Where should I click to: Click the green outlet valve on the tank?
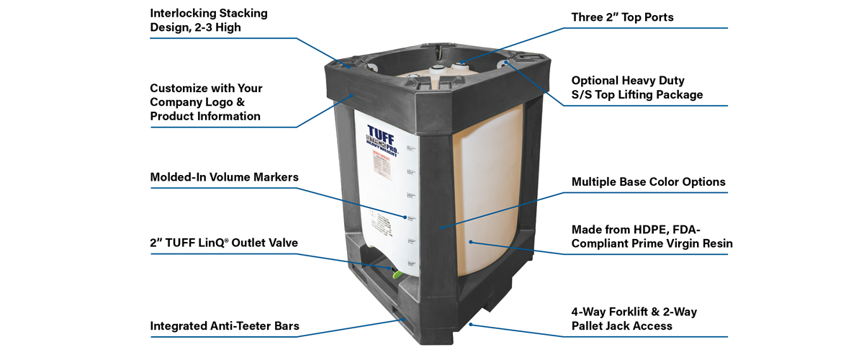click(x=395, y=274)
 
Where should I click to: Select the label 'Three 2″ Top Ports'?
click(x=622, y=17)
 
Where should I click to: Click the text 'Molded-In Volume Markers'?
click(x=224, y=177)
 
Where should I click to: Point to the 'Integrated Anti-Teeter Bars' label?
click(x=224, y=326)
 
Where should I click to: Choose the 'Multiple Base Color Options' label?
click(x=648, y=181)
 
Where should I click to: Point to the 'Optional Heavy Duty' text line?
click(x=628, y=81)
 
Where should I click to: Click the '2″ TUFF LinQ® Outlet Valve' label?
click(x=224, y=243)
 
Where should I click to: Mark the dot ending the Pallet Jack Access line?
click(x=471, y=323)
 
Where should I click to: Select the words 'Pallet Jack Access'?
click(x=621, y=325)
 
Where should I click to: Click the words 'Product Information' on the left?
click(x=205, y=116)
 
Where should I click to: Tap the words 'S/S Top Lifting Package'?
click(x=637, y=94)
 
